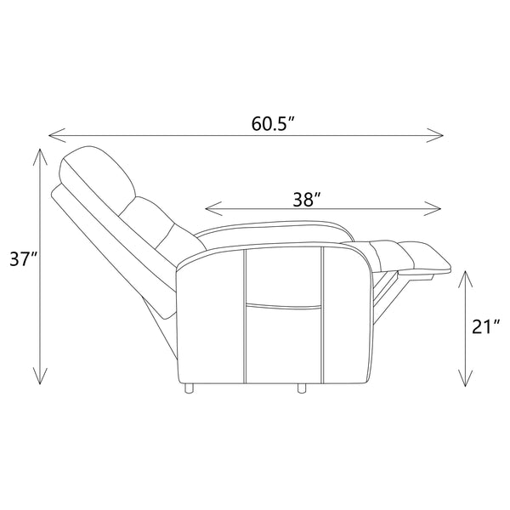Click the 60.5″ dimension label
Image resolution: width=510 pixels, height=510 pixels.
coord(273,123)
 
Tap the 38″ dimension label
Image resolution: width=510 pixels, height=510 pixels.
coord(307,199)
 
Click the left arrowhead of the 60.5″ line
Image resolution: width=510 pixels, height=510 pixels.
coord(57,135)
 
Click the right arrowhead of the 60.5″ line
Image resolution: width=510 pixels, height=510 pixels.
coord(434,135)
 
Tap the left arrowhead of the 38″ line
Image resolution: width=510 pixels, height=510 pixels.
coord(213,208)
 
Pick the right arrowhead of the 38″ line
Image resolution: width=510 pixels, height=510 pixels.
coord(433,208)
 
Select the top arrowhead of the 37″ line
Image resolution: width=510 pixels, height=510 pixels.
coord(40,157)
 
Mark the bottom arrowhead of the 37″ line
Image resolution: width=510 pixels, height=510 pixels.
coord(40,376)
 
